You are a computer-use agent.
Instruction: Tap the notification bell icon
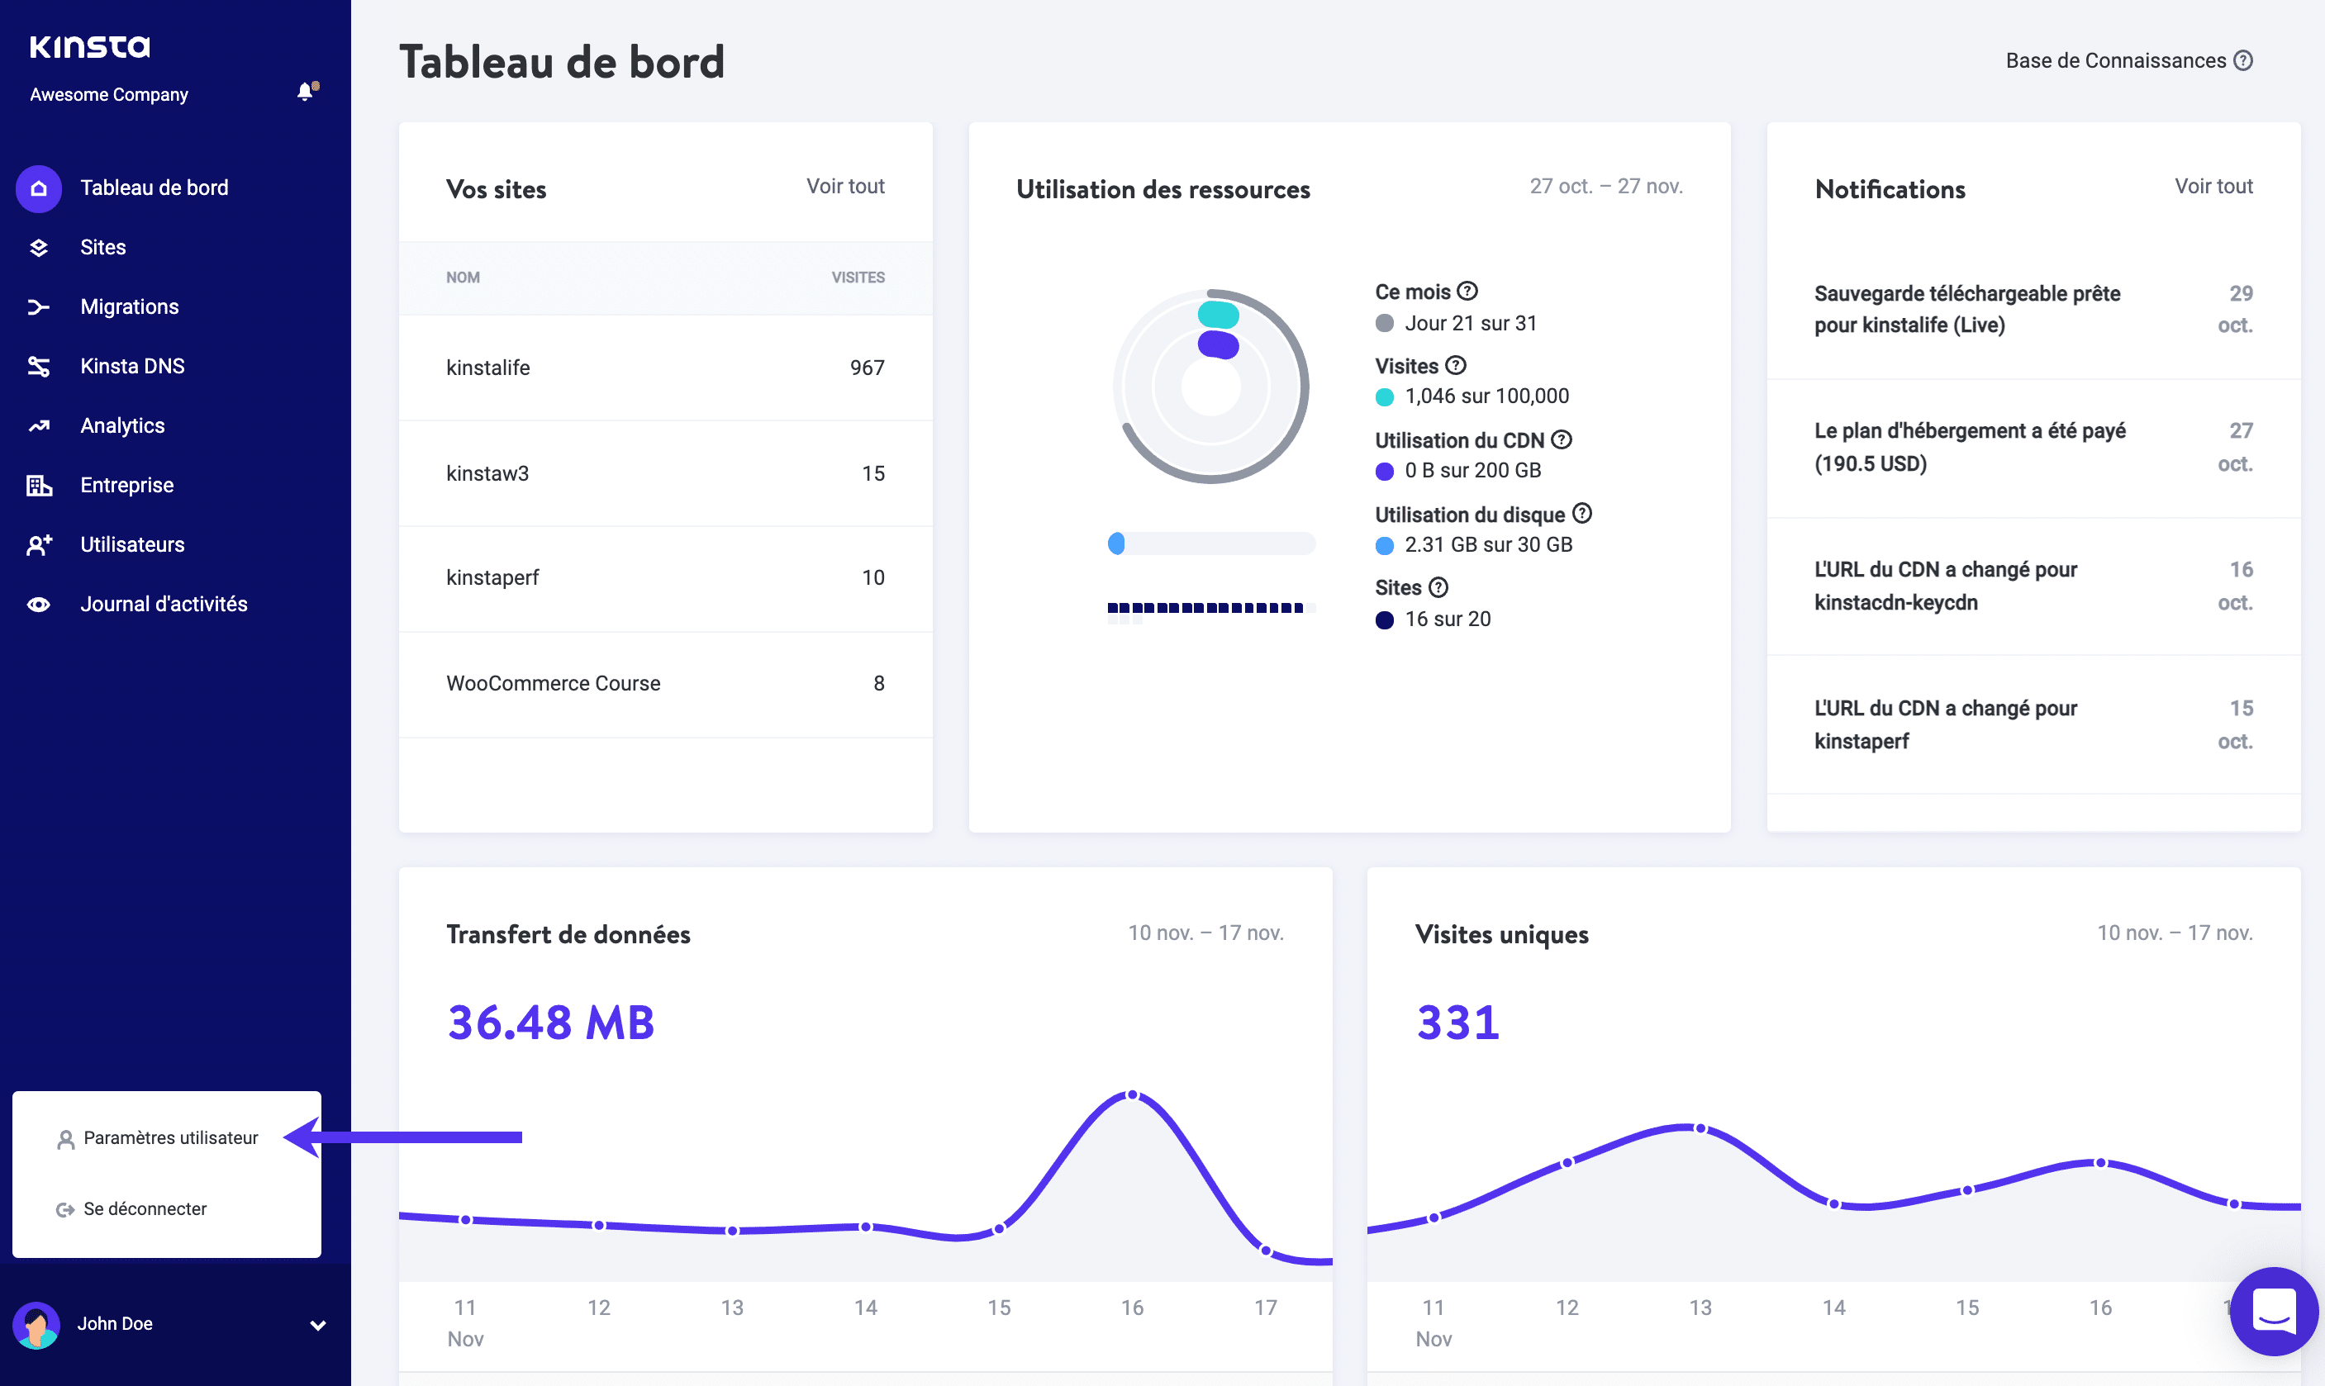tap(306, 92)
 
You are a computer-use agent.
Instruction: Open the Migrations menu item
tap(129, 306)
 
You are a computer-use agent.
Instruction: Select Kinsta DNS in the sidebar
tap(131, 366)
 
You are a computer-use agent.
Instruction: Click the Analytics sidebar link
tap(122, 426)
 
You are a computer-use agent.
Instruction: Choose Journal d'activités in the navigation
tap(164, 605)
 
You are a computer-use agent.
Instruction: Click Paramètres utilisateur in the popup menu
tap(170, 1137)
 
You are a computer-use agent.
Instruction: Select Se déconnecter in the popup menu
tap(145, 1208)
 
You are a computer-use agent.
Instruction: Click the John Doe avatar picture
tap(36, 1324)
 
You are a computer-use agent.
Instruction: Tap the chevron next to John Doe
tap(317, 1326)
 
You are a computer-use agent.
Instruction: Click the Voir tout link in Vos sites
tap(844, 186)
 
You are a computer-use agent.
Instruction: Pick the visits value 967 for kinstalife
tap(866, 368)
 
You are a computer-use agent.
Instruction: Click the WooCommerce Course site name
tap(553, 684)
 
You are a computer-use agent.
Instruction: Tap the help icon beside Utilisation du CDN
tap(1561, 440)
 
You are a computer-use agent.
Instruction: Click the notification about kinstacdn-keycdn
tap(1945, 586)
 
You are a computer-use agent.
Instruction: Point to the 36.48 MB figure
tap(550, 1022)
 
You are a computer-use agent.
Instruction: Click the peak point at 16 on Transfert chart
tap(1132, 1094)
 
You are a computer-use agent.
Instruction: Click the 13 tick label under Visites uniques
tap(1700, 1308)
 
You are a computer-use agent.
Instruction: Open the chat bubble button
tap(2273, 1312)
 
